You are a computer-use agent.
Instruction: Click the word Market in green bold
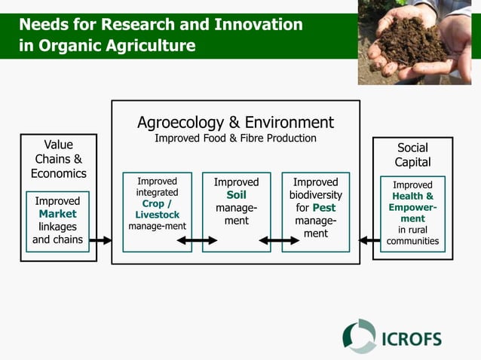tap(58, 214)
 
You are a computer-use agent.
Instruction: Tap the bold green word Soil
tap(236, 195)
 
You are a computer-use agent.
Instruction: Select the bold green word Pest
tap(323, 208)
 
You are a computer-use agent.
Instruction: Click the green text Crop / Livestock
tap(158, 209)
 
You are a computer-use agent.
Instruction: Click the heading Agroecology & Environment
tap(235, 122)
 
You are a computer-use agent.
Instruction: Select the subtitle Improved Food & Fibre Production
tap(235, 139)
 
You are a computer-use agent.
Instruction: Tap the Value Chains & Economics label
tap(58, 159)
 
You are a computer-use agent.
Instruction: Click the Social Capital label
tap(412, 155)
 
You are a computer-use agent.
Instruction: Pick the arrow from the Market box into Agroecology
tap(100, 241)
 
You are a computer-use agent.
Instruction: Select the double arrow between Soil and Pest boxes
tap(279, 241)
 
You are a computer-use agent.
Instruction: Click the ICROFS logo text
tap(412, 338)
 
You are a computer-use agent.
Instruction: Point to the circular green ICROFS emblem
tap(360, 337)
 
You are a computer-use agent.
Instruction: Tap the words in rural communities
tap(412, 236)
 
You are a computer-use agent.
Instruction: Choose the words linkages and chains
tap(58, 233)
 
